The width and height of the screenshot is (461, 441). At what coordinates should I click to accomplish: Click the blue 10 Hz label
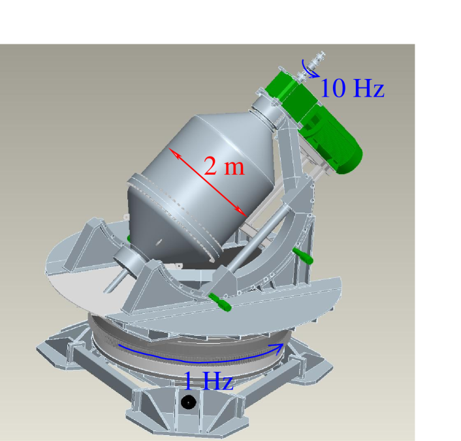coord(352,88)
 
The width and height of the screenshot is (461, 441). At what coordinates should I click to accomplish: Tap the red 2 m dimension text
coord(224,167)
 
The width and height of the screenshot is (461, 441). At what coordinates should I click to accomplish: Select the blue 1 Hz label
coord(208,380)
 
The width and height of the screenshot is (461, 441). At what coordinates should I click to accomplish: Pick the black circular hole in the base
coord(188,402)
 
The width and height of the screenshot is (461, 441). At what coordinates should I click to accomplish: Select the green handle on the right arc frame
coord(303,255)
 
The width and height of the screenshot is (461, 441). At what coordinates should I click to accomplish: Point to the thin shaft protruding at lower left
coord(112,284)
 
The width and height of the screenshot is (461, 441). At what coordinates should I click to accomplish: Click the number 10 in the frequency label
coord(332,88)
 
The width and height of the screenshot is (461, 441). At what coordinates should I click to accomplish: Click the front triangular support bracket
coord(157,287)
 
